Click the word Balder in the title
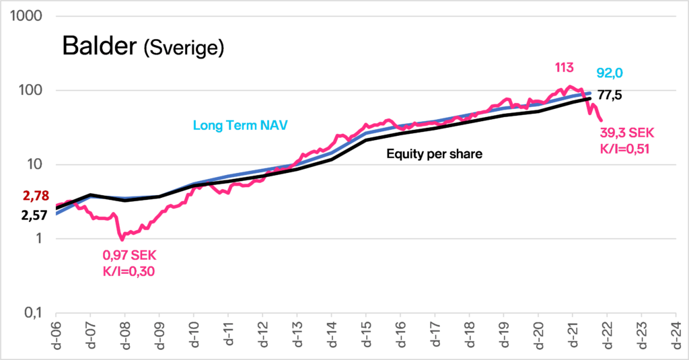tap(100, 45)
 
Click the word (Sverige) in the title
tap(184, 48)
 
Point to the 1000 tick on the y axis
tap(26, 16)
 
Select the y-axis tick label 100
tap(30, 90)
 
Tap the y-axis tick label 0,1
tap(33, 313)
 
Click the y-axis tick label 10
tap(34, 164)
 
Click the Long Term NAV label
tap(240, 125)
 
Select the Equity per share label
tap(434, 154)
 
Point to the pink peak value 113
tap(565, 68)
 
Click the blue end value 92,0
tap(610, 73)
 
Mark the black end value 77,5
tap(610, 95)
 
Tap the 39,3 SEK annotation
tap(627, 133)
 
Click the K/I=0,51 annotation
tap(624, 149)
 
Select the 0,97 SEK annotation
tap(129, 256)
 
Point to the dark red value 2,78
tap(36, 196)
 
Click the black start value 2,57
tap(34, 215)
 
